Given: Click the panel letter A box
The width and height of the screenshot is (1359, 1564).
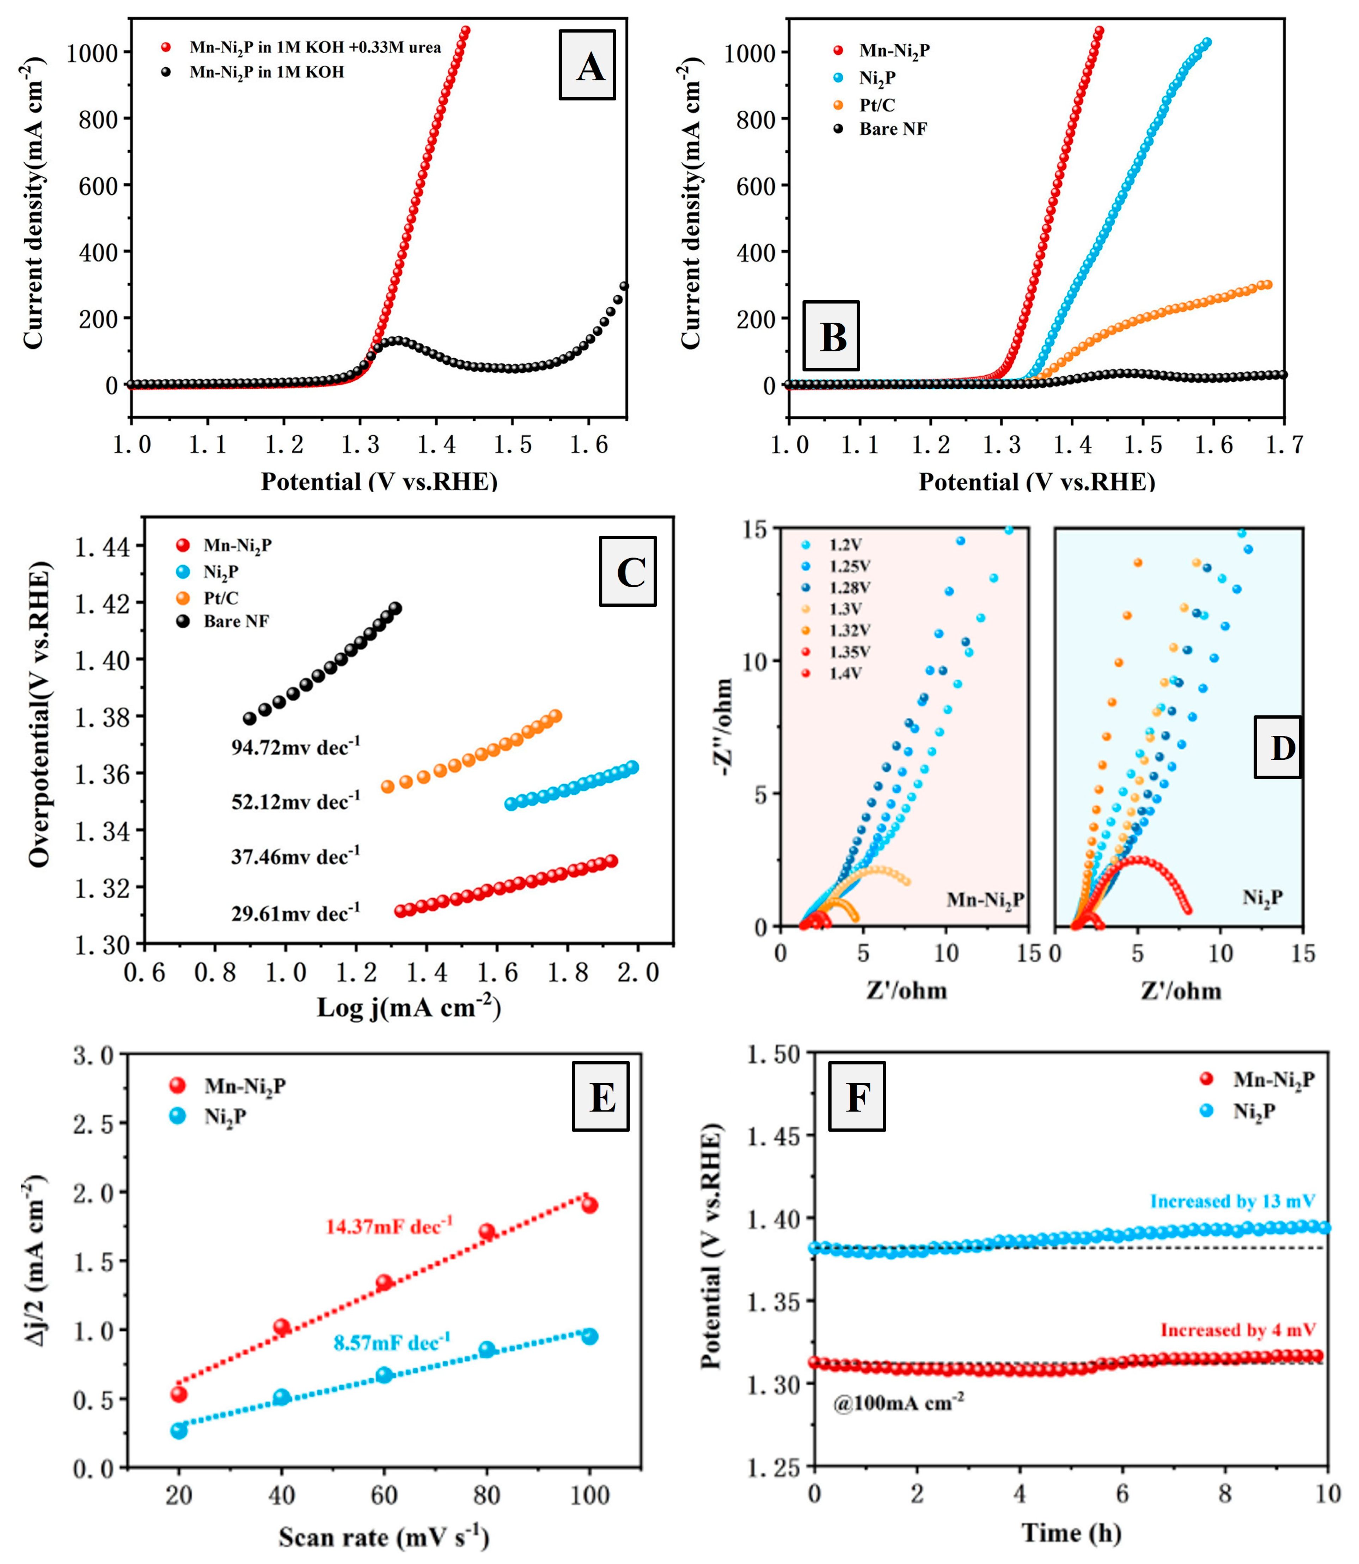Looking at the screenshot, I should tap(587, 65).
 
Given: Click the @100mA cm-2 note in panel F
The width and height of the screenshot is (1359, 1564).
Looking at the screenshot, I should tap(899, 1403).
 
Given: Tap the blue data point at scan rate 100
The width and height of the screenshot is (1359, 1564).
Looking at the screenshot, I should tap(589, 1337).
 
